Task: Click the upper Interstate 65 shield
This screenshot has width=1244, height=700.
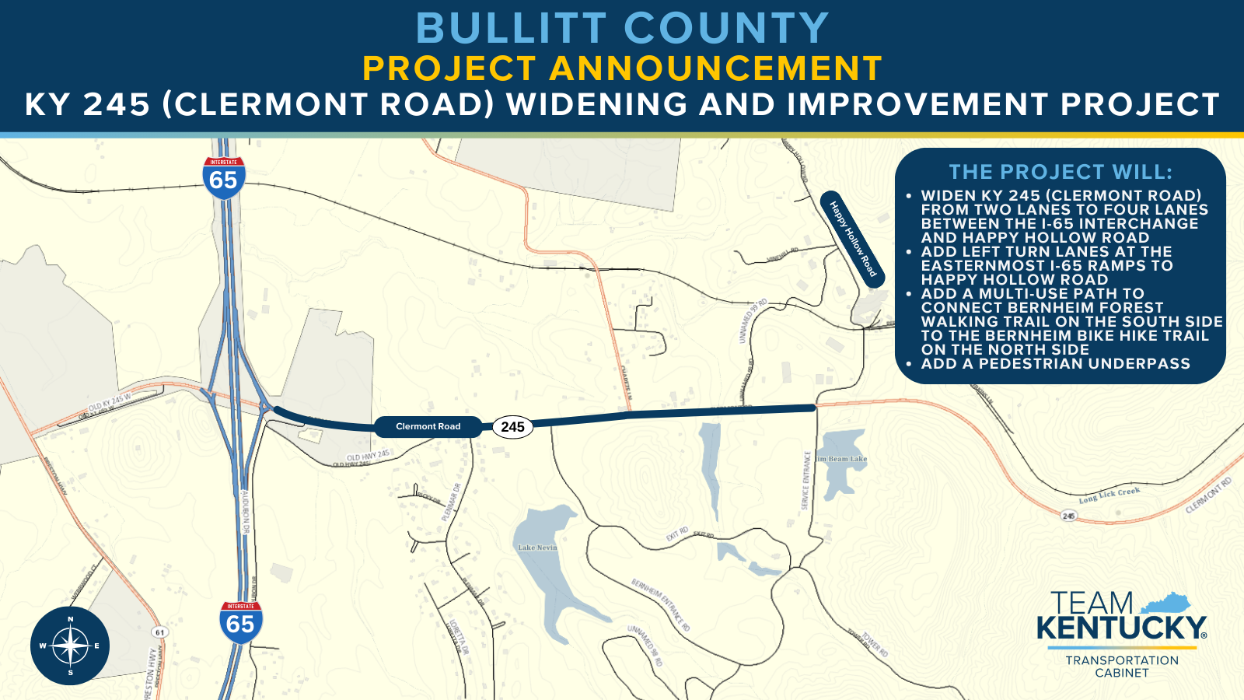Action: tap(224, 178)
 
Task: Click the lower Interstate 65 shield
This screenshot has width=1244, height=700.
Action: tap(240, 622)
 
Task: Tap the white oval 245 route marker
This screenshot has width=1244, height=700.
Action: tap(512, 427)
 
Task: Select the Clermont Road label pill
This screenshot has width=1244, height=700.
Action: tap(428, 426)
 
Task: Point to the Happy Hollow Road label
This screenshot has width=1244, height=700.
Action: tap(853, 239)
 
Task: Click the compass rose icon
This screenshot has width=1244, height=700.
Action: tap(70, 646)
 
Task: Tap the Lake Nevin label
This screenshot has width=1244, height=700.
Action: tap(537, 548)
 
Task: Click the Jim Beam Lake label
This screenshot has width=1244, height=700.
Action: tap(841, 459)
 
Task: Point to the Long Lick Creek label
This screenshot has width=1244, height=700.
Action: tap(1109, 495)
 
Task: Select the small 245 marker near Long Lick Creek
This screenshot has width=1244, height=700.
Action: tap(1069, 516)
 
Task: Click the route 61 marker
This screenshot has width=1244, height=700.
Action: tap(159, 632)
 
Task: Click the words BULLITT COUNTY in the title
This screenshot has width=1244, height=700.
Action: tap(622, 29)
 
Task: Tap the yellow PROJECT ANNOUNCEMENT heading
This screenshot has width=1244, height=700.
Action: tap(622, 68)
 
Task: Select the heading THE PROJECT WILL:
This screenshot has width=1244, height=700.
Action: tap(1061, 172)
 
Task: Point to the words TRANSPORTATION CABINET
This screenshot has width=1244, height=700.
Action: tap(1122, 667)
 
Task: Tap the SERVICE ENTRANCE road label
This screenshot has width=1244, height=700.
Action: tap(806, 481)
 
